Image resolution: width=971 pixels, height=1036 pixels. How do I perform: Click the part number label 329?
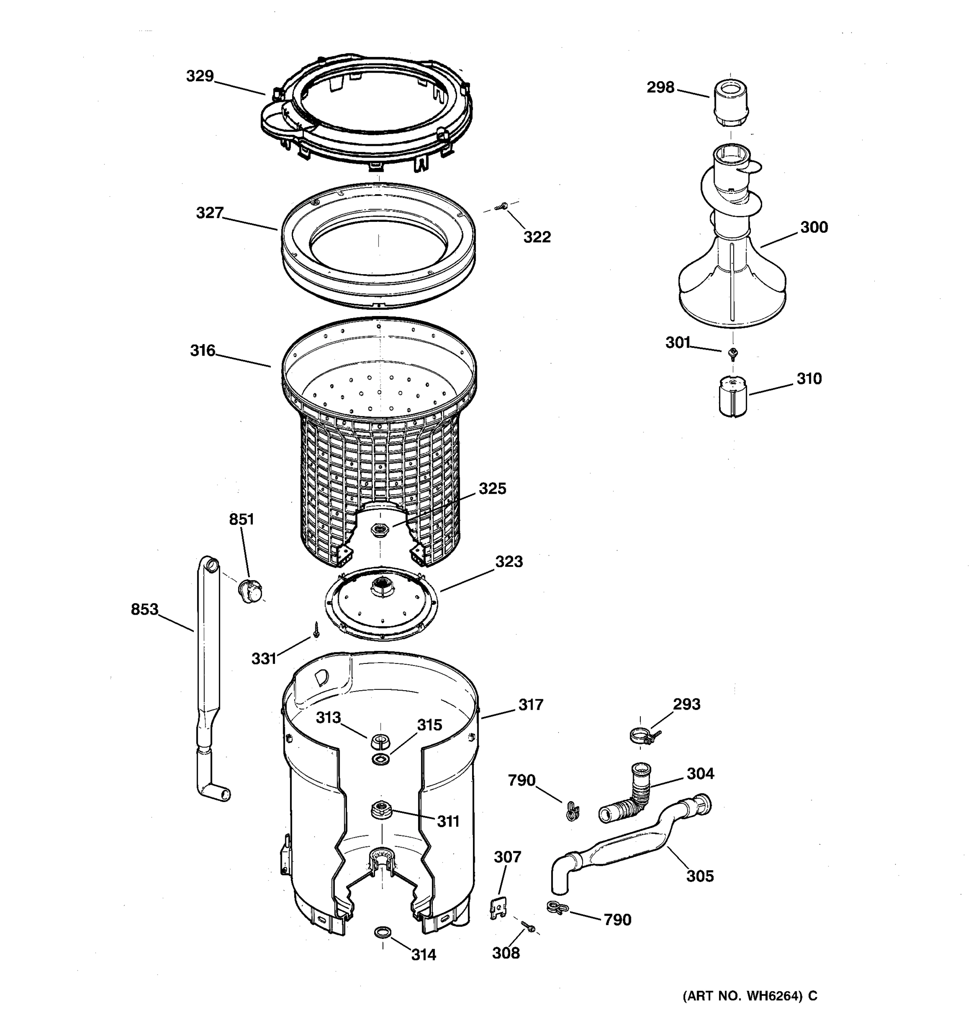[x=200, y=76]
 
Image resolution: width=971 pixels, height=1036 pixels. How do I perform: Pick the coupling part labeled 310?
[x=732, y=397]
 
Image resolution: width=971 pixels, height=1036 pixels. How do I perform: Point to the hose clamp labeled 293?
[x=642, y=736]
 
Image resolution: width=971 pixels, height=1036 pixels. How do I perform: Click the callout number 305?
[x=699, y=875]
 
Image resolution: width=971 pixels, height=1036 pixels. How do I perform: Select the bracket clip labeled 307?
[x=498, y=909]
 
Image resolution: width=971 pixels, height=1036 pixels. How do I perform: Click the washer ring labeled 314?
[x=382, y=931]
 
